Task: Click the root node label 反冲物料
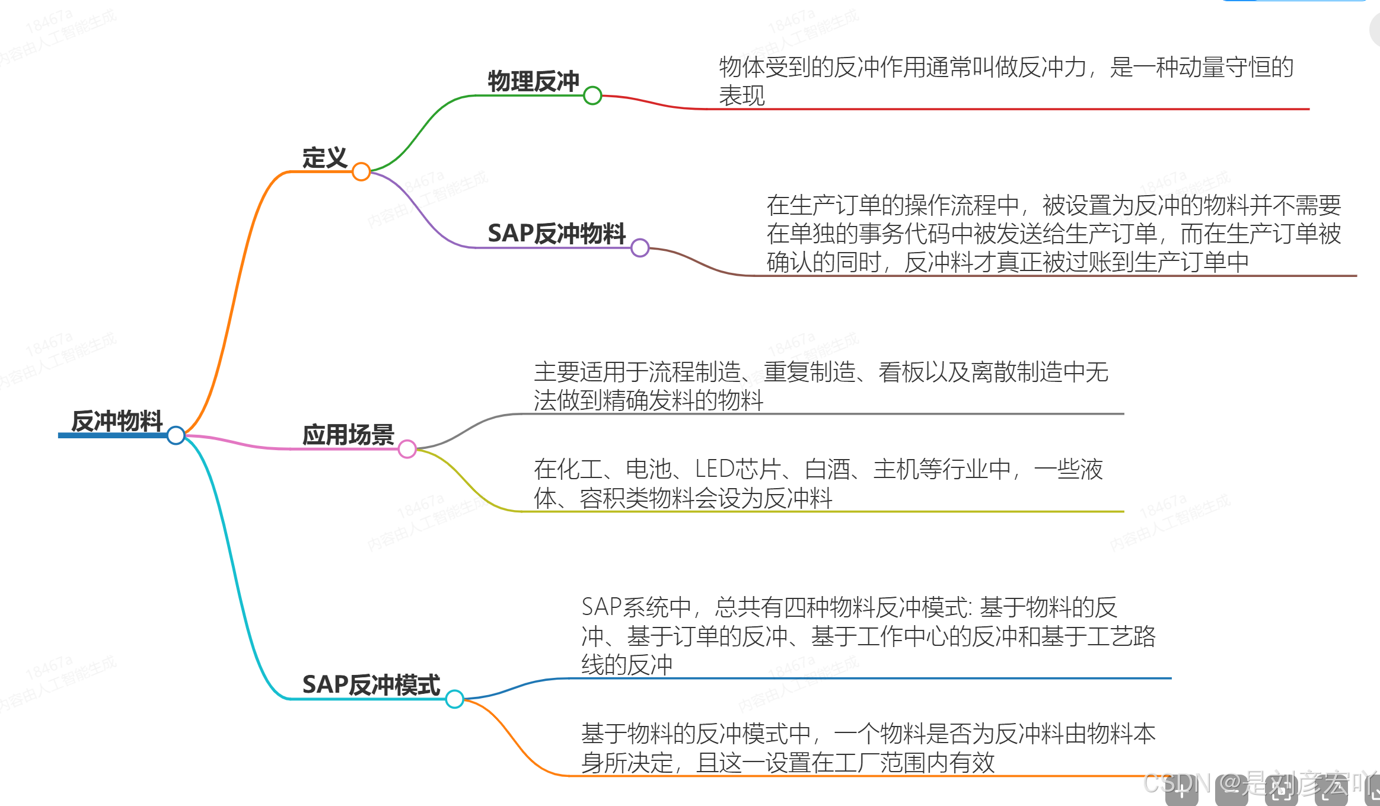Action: [117, 420]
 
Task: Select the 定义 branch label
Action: [324, 158]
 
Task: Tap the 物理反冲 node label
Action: [533, 81]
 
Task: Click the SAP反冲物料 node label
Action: [556, 233]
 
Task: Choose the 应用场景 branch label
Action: [348, 435]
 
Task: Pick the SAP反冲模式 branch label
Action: [371, 684]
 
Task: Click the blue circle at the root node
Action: [176, 435]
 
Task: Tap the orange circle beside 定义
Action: [361, 172]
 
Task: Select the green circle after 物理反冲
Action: [592, 95]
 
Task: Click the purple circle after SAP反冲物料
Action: [640, 248]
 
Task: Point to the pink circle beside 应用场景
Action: [407, 449]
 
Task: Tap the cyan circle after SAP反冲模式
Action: [454, 699]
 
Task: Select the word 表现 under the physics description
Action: [742, 95]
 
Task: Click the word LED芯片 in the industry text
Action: [737, 469]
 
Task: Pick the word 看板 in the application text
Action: [901, 372]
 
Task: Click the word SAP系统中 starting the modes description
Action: [636, 607]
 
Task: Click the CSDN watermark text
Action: [1177, 783]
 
